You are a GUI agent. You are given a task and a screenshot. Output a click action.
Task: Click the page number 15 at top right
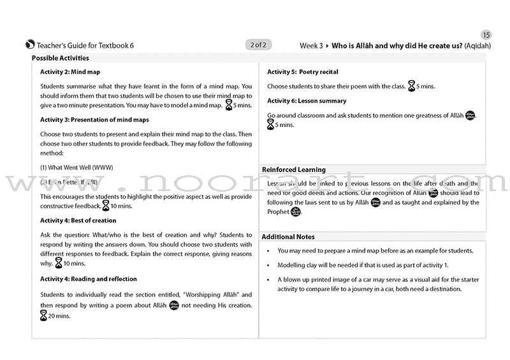(486, 34)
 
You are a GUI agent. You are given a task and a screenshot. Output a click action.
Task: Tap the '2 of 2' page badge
(259, 45)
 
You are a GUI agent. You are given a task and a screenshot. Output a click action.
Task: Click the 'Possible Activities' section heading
(61, 58)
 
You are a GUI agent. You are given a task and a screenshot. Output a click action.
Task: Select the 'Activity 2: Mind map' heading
(70, 72)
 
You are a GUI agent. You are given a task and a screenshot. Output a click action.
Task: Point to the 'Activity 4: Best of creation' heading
(78, 220)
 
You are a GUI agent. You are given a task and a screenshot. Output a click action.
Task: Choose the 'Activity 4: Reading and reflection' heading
(89, 279)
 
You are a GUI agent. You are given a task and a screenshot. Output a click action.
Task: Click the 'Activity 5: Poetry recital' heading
(303, 72)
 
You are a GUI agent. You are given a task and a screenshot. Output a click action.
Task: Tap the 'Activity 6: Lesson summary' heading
(307, 101)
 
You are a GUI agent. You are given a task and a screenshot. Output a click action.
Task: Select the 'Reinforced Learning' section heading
(294, 169)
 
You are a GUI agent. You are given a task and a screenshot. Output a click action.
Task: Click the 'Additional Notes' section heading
(288, 237)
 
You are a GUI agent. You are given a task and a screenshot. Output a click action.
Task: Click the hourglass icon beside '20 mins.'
(44, 315)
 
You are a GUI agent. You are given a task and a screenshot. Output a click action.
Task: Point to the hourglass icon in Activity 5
(412, 86)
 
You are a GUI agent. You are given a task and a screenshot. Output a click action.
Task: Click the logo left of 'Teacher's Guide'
(30, 45)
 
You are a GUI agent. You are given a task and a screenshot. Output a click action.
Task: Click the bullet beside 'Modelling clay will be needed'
(270, 265)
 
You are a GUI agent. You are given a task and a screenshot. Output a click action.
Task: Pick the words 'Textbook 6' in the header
(115, 45)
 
